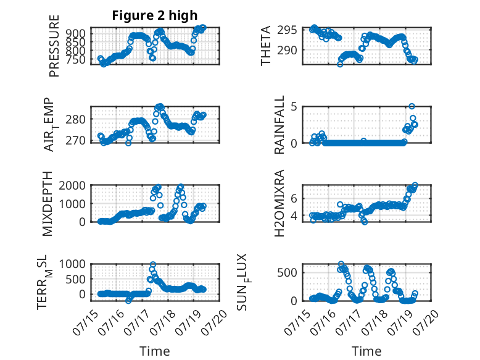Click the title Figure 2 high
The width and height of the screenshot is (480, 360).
coord(155,15)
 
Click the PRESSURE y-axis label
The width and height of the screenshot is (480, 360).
coord(54,46)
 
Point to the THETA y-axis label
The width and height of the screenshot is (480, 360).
coord(266,46)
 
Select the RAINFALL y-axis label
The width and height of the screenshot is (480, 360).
coord(279,125)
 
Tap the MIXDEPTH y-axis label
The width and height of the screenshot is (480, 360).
coord(48,204)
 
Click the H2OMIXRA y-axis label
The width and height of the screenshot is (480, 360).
coord(279,203)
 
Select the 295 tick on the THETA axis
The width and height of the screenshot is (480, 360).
coord(287,30)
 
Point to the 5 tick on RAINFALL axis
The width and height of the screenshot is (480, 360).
coord(294,107)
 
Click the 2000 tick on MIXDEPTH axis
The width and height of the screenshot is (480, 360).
coord(72,185)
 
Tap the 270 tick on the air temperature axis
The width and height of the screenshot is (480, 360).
coord(76,140)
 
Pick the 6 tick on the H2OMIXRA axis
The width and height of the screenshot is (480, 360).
coord(294,199)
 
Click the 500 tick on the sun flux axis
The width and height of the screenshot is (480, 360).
coord(287,273)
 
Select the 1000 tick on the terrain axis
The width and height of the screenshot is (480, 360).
coord(72,264)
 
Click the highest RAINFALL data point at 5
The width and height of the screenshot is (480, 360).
coord(412,106)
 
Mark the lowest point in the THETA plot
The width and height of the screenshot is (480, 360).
coord(340,64)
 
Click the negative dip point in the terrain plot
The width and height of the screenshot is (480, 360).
coord(128,301)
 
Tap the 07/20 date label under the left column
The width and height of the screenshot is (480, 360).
coord(217,322)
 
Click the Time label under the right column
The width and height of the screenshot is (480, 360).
coord(366,351)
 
